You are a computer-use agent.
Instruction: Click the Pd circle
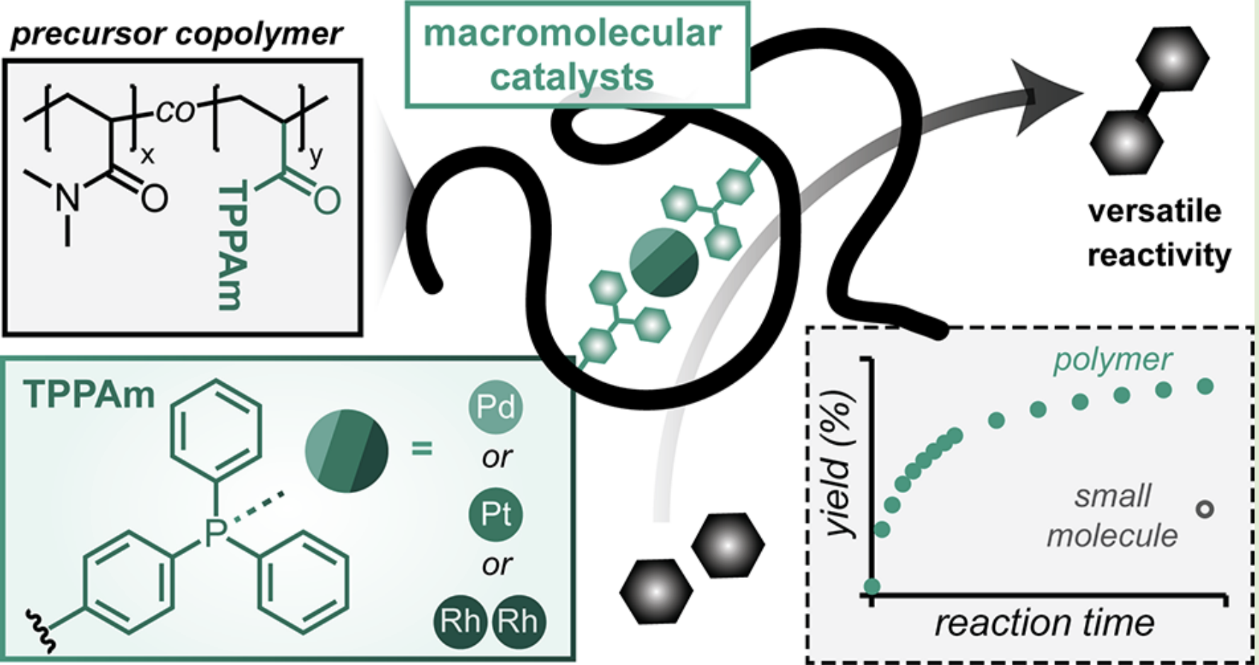coord(495,407)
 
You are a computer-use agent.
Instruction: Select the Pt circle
coord(495,515)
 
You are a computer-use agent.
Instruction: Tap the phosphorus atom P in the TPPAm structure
coord(215,533)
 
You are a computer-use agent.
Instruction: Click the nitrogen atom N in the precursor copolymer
coord(68,198)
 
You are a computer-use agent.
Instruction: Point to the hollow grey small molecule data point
coord(1205,510)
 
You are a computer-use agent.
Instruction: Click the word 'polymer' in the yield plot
coord(1112,361)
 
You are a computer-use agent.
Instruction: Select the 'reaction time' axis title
coord(1044,623)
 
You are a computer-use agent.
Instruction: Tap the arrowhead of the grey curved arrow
coord(1046,97)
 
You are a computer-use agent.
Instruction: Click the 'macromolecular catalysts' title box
coord(577,54)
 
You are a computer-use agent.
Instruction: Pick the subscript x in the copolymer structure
coord(147,155)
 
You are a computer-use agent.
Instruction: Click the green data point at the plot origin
coord(871,586)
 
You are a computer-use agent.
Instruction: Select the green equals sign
coord(422,449)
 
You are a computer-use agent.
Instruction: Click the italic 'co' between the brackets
coord(175,112)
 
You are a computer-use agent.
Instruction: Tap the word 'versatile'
coord(1155,212)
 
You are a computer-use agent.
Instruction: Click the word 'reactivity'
coord(1159,256)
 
